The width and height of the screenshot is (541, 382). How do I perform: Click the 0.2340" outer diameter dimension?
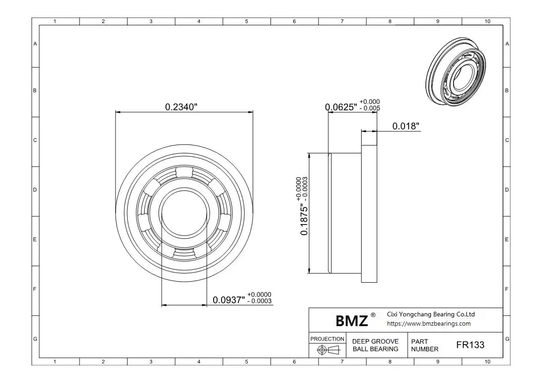click(x=181, y=107)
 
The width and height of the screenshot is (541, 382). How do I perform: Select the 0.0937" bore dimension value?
click(x=229, y=300)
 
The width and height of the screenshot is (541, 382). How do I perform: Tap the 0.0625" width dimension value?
click(x=341, y=107)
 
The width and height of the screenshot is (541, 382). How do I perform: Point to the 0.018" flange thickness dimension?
click(x=406, y=126)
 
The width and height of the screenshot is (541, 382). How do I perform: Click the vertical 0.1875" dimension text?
click(x=304, y=219)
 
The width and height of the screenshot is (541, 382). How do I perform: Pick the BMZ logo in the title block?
click(x=351, y=321)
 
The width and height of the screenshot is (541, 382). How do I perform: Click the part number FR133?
click(x=470, y=345)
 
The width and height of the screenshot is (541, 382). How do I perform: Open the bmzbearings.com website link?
click(x=429, y=324)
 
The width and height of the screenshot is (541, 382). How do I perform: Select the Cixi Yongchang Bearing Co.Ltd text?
click(x=430, y=314)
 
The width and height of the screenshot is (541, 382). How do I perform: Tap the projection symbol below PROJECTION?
click(x=328, y=350)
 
